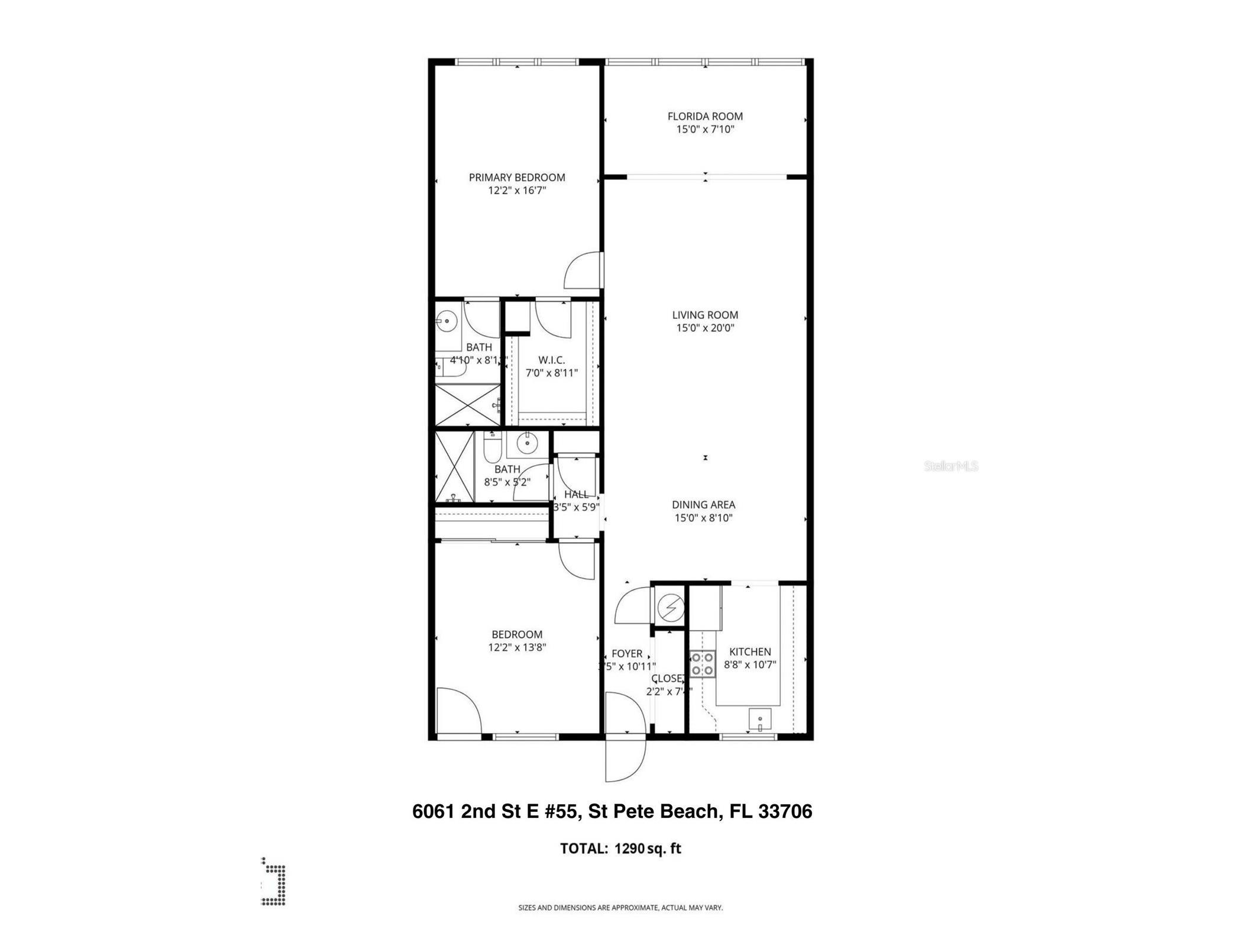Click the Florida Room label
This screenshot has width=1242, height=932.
tap(705, 117)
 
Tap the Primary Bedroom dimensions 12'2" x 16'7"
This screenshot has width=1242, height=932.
tap(516, 191)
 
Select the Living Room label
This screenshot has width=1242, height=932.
tap(705, 315)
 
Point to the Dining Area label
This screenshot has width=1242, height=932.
tap(703, 505)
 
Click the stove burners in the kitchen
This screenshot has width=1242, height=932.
tap(702, 663)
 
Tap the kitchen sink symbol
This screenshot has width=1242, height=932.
tap(760, 720)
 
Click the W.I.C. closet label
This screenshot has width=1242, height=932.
tap(551, 360)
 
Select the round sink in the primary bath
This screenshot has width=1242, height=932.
tap(447, 322)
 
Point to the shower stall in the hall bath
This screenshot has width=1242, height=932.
tap(454, 467)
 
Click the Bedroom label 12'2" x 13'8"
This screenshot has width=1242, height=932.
tap(516, 634)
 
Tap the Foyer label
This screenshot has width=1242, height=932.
tap(626, 653)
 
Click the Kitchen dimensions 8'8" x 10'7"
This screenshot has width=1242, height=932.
tap(750, 665)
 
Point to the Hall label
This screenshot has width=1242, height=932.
tap(575, 494)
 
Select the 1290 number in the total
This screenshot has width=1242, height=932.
tap(629, 849)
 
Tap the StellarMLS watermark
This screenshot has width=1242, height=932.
tap(950, 466)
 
